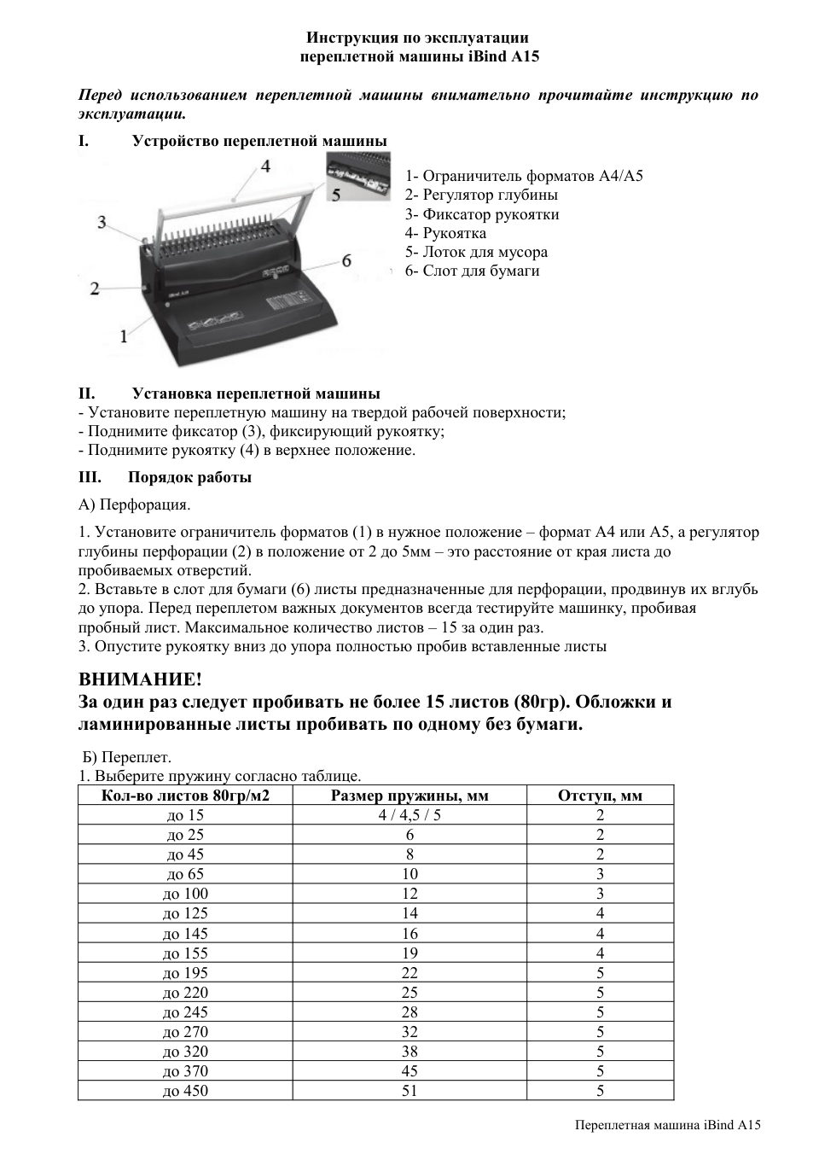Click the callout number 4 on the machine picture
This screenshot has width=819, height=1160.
(266, 166)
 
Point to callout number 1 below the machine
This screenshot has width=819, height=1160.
(125, 336)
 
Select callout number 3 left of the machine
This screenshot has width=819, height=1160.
(102, 223)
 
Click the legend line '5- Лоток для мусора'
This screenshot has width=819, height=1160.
(476, 252)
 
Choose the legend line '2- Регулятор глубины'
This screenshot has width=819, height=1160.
(481, 195)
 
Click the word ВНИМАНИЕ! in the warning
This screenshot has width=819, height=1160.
(141, 679)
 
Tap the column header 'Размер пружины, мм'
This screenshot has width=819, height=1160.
(409, 796)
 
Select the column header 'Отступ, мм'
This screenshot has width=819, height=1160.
(600, 796)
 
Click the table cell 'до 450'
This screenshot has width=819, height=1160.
(185, 1091)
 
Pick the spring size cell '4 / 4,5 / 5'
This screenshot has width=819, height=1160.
(409, 815)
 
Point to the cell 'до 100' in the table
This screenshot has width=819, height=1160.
(185, 894)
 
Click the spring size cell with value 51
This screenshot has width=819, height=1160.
(409, 1091)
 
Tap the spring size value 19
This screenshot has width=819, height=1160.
(409, 953)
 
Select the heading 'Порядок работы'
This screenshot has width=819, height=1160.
(189, 477)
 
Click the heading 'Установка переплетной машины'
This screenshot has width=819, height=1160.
(256, 393)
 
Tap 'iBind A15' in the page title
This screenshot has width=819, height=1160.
(504, 56)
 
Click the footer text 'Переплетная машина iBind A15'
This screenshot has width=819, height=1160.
(667, 1125)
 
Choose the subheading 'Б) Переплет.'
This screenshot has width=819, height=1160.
(127, 757)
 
